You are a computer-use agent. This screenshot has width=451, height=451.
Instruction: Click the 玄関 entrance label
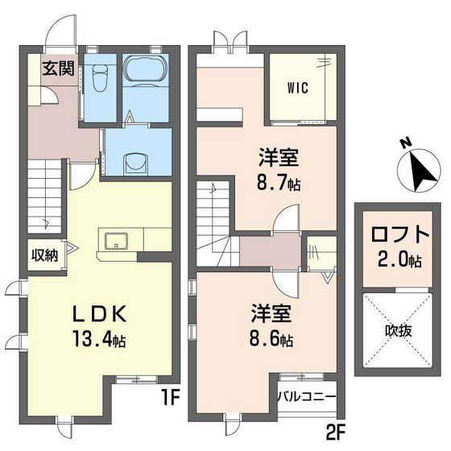59,68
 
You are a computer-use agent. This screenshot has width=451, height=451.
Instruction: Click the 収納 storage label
44,256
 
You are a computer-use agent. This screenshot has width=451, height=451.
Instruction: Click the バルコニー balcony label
307,396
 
